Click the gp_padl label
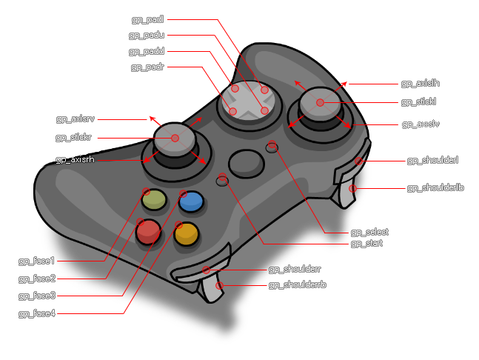[x=147, y=19]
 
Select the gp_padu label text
[x=147, y=35]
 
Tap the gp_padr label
[x=147, y=67]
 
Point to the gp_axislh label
[x=420, y=84]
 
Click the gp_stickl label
[x=420, y=101]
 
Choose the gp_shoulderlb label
[x=435, y=188]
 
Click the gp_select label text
[x=369, y=232]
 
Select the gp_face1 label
[x=36, y=261]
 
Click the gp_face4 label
[x=36, y=314]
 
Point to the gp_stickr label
[x=73, y=137]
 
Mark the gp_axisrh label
[x=75, y=159]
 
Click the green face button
[x=153, y=199]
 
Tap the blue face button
[x=191, y=201]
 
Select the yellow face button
[x=187, y=234]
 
